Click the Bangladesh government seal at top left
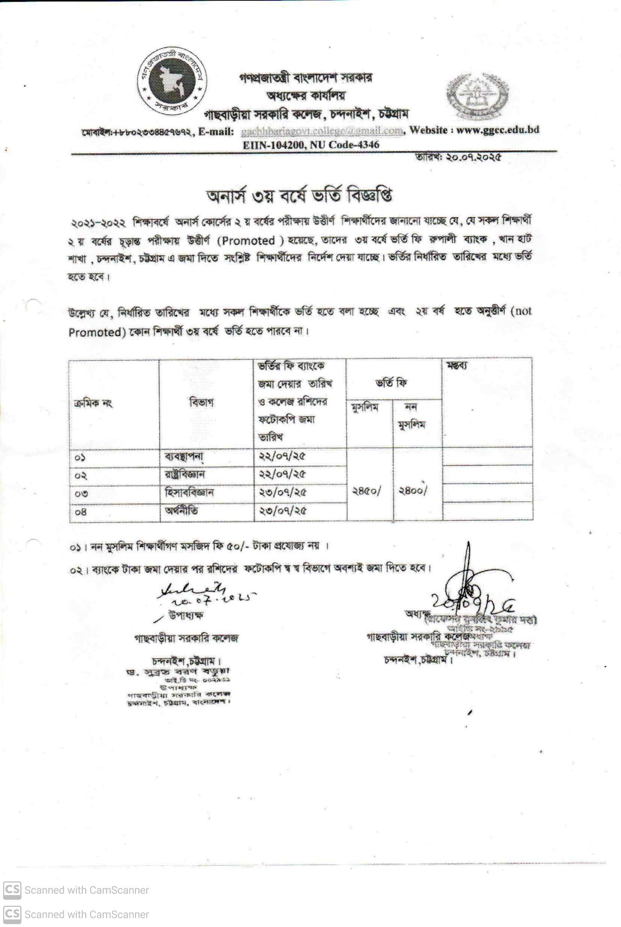point(172,82)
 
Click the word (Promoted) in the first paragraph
point(248,241)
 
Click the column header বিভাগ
point(202,402)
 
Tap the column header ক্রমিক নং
point(93,404)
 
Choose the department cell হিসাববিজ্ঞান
point(189,493)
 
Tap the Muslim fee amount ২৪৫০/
point(367,491)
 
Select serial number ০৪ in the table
point(81,512)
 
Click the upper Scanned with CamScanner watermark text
point(86,890)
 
